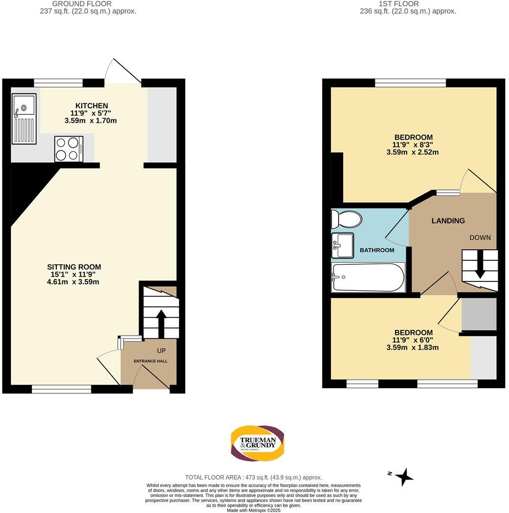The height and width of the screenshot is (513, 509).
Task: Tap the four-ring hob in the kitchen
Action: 68,148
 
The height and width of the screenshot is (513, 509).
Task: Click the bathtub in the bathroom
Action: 368,278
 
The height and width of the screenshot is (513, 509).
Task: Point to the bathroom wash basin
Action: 343,245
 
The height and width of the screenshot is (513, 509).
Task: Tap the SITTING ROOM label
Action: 74,267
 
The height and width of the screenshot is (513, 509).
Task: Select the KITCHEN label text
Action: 92,106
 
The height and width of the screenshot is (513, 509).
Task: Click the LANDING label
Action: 448,221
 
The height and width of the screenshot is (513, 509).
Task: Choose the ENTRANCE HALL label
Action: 151,361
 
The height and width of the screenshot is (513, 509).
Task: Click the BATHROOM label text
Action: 377,250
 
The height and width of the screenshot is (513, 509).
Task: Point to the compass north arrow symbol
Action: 404,476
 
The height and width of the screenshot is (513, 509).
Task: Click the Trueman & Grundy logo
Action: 257,443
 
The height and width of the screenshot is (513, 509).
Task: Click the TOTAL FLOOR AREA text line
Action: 254,477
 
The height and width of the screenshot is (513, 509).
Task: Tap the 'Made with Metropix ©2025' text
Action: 254,510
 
